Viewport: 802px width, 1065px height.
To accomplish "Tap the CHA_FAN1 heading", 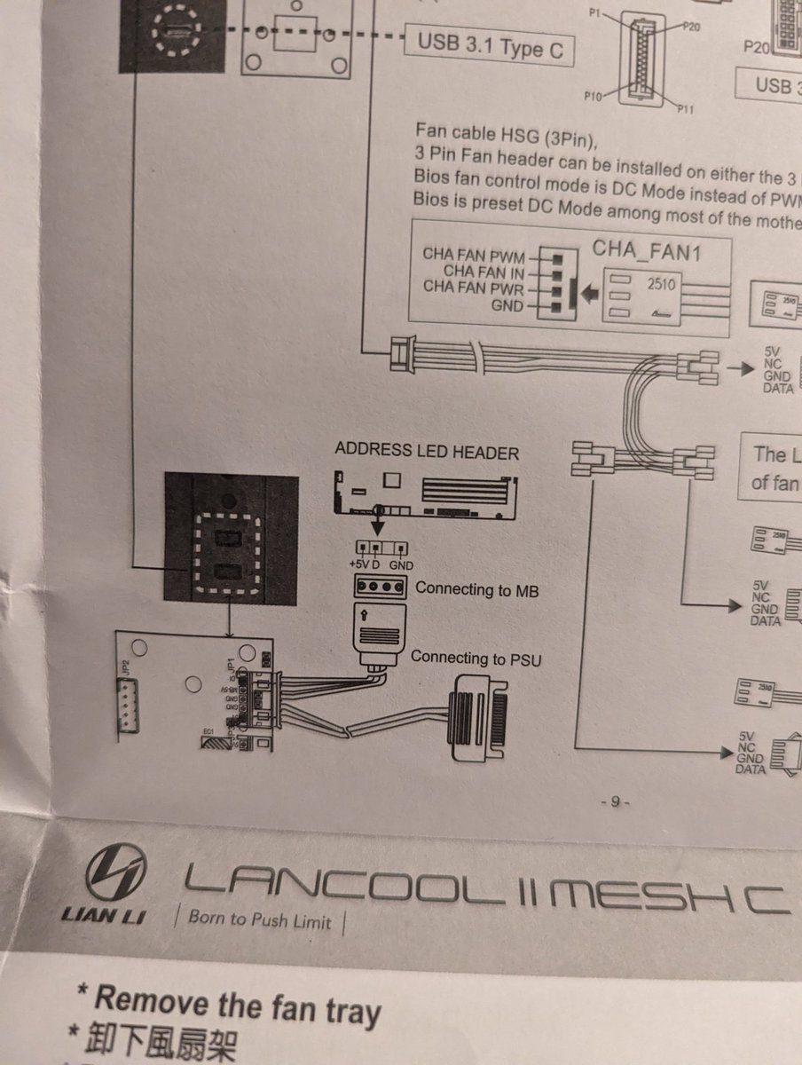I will (x=647, y=250).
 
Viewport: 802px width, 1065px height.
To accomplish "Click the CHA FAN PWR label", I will (x=474, y=288).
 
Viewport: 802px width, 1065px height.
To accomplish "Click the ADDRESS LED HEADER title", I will (x=426, y=451).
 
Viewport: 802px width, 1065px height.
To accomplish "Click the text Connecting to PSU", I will (x=475, y=658).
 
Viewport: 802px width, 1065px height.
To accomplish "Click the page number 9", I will (x=615, y=802).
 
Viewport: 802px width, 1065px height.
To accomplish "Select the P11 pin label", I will (x=684, y=109).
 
